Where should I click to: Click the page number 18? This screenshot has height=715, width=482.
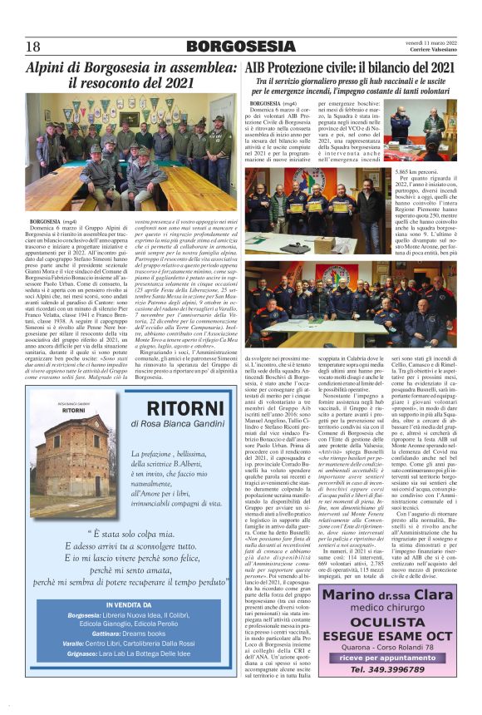33,47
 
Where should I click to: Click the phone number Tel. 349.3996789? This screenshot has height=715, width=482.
388,693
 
